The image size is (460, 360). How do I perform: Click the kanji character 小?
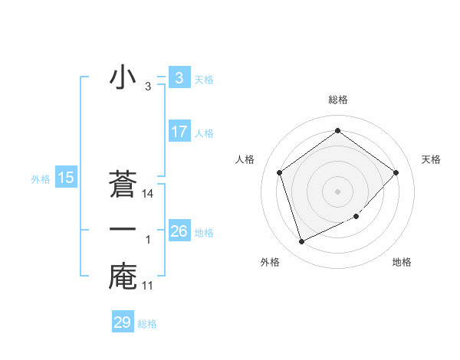click(123, 78)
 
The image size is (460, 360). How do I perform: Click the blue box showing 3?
click(179, 78)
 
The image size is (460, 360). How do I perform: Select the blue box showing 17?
click(179, 132)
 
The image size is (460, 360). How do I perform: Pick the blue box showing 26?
click(179, 231)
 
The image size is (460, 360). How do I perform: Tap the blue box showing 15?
click(66, 178)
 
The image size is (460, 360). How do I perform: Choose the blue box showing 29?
click(123, 322)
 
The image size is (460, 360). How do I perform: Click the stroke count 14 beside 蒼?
click(148, 195)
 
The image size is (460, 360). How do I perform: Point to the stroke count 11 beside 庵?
click(148, 286)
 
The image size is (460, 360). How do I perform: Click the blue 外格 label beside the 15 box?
click(41, 179)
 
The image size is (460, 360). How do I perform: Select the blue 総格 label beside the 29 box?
click(147, 324)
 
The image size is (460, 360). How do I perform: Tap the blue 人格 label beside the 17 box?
click(204, 133)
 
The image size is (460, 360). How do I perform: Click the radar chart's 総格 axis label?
click(337, 100)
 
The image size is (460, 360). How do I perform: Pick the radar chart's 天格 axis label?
click(431, 159)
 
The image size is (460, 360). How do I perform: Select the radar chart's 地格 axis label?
click(402, 262)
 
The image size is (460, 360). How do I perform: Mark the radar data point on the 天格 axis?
click(396, 172)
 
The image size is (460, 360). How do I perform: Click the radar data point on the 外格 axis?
click(301, 242)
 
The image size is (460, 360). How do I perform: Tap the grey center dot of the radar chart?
click(337, 191)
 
